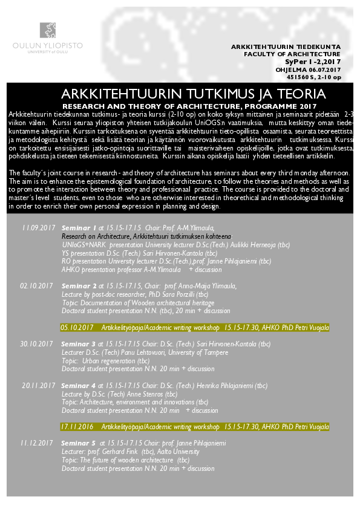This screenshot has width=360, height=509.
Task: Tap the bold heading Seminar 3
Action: (79, 343)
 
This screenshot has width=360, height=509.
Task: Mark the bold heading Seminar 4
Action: (79, 385)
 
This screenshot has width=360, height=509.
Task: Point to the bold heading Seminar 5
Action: (79, 443)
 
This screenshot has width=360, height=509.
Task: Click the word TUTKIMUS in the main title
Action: (203, 94)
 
